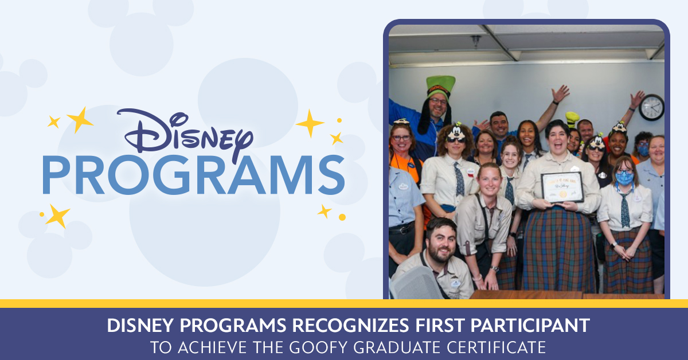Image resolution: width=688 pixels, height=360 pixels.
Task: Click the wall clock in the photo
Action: (x=651, y=107)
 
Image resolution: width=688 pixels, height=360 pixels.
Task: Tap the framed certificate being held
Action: (x=562, y=187)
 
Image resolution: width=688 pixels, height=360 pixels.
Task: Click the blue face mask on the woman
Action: (x=624, y=178)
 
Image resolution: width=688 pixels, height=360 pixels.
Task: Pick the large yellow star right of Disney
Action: (x=310, y=123)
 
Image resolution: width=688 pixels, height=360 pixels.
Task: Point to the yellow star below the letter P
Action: (x=57, y=216)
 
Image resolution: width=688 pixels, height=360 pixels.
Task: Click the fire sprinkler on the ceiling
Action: (x=475, y=42)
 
